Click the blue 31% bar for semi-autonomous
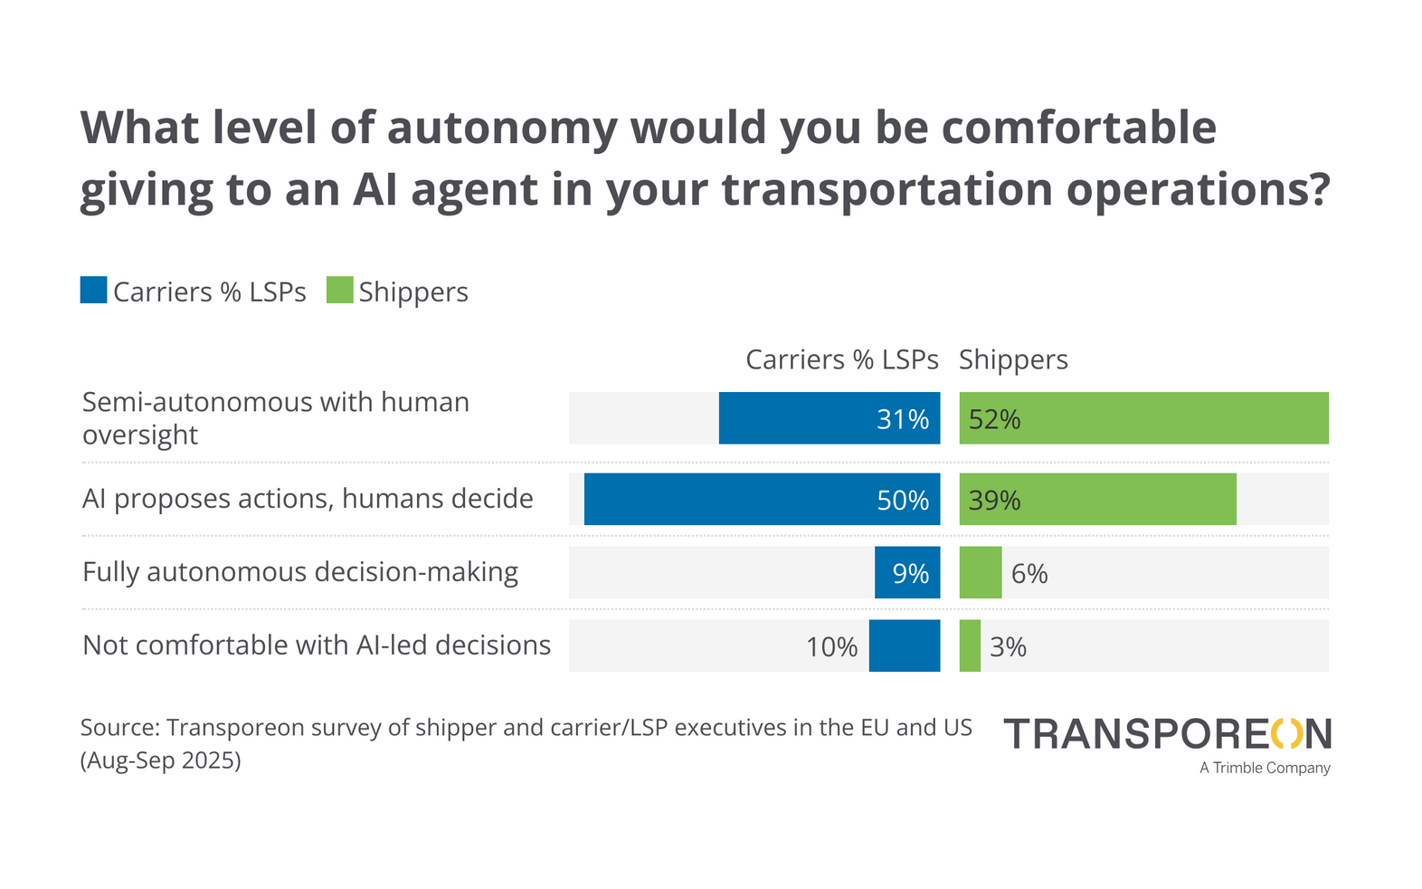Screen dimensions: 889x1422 click(x=829, y=418)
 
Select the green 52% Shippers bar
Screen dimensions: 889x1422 click(x=1143, y=418)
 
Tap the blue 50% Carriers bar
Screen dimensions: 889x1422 click(x=762, y=499)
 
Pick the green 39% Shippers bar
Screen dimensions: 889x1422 click(x=1097, y=499)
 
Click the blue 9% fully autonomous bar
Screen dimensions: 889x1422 click(x=906, y=572)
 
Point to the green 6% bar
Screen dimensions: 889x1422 click(x=980, y=572)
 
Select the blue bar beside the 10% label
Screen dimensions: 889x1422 click(x=904, y=645)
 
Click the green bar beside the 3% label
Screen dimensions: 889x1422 click(x=970, y=645)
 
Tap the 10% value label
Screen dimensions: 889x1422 click(x=831, y=646)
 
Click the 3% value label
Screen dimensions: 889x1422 click(x=1008, y=646)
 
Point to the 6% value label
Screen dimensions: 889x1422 click(x=1029, y=573)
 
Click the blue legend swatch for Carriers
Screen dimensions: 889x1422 click(x=94, y=291)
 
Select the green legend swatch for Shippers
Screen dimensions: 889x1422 click(x=339, y=291)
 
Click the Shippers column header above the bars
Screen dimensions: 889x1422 click(x=1013, y=359)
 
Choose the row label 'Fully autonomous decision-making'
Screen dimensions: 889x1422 click(x=300, y=572)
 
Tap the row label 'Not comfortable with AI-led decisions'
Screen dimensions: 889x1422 click(x=317, y=645)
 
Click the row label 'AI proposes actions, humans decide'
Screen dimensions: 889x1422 click(x=308, y=499)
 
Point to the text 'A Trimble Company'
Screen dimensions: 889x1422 click(x=1265, y=768)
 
